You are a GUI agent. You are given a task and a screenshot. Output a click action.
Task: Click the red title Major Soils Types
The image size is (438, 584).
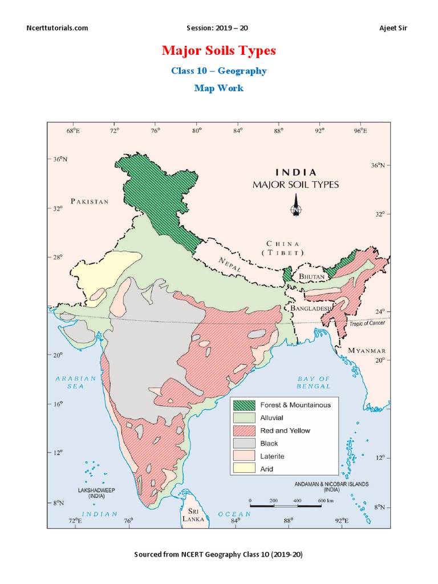pyautogui.click(x=218, y=51)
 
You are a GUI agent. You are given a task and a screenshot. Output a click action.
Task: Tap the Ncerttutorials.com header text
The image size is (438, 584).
pyautogui.click(x=58, y=28)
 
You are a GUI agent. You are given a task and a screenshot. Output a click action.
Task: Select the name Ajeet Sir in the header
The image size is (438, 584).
pyautogui.click(x=394, y=28)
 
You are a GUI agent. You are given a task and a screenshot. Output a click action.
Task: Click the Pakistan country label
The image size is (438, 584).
pyautogui.click(x=90, y=201)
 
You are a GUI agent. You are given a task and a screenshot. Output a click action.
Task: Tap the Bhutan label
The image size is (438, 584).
pyautogui.click(x=312, y=277)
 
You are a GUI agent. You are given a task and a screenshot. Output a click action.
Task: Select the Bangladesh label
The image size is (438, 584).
pyautogui.click(x=311, y=308)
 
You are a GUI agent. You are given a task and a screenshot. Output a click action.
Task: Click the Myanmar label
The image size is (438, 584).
pyautogui.click(x=367, y=350)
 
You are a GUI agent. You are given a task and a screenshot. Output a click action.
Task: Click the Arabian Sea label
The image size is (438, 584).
pyautogui.click(x=76, y=382)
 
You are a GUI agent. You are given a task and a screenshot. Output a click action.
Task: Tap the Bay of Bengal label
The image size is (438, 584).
pyautogui.click(x=314, y=382)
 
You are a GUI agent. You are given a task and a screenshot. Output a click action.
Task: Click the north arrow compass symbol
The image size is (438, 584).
pyautogui.click(x=296, y=206)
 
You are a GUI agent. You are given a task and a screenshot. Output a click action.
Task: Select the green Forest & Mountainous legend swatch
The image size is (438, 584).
pyautogui.click(x=244, y=405)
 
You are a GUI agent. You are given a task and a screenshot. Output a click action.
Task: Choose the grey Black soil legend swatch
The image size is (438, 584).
pyautogui.click(x=244, y=443)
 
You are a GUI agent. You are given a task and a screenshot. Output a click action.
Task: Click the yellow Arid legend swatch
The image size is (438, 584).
pyautogui.click(x=244, y=469)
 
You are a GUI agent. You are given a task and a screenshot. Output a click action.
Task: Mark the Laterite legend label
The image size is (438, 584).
pyautogui.click(x=272, y=456)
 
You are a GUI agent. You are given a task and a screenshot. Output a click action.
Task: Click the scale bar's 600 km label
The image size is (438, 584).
pyautogui.click(x=326, y=500)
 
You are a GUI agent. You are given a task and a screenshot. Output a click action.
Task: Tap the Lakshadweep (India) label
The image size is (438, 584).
pyautogui.click(x=88, y=493)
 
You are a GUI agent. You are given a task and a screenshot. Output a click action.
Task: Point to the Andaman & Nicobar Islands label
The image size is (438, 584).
pyautogui.click(x=331, y=486)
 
